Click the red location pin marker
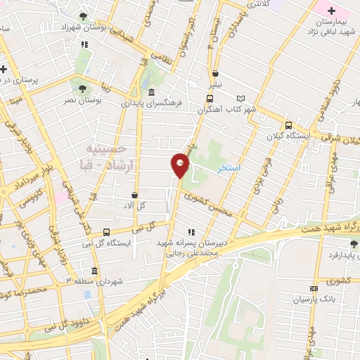[181, 165]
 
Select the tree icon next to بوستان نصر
[83, 89]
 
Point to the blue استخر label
[229, 169]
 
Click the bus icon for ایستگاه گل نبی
[106, 232]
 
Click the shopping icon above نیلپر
[215, 73]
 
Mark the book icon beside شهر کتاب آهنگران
[242, 98]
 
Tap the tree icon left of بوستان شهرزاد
[84, 16]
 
